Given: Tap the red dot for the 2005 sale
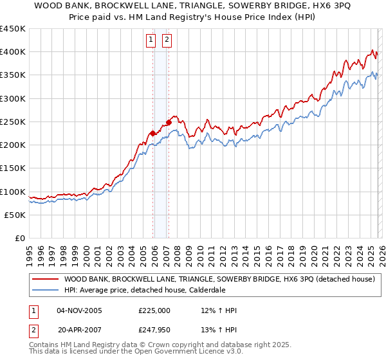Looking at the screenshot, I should (x=152, y=134).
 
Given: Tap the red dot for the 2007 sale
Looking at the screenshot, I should (x=169, y=122).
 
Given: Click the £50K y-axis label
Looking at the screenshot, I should (x=15, y=215).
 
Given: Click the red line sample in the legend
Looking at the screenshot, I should (x=46, y=279).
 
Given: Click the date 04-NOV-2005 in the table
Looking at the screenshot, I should (x=79, y=310).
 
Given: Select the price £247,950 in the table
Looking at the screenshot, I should (x=154, y=330).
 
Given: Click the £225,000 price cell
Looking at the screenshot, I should (x=154, y=310).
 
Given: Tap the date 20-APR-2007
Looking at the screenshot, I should (x=79, y=330).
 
